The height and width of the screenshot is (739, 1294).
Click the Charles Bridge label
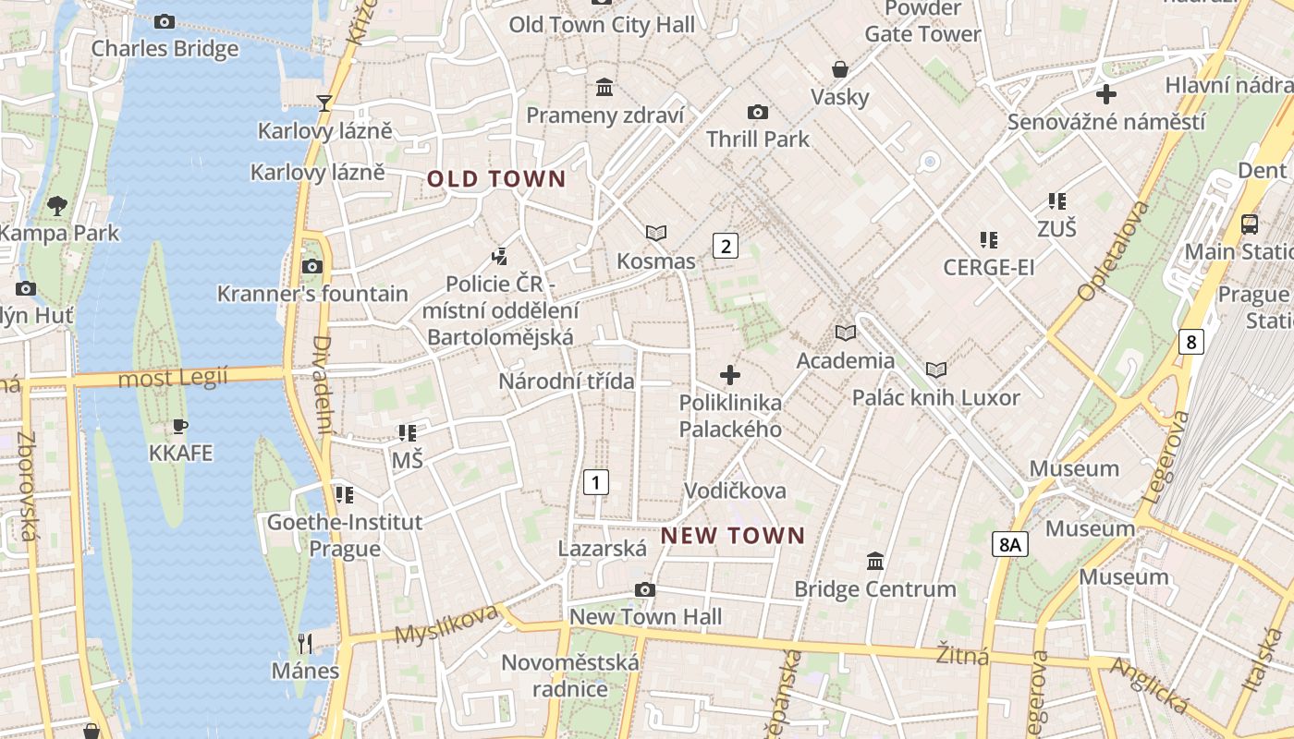pyautogui.click(x=165, y=48)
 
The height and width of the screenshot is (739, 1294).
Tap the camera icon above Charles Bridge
pyautogui.click(x=165, y=21)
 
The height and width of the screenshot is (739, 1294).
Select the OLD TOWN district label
pyautogui.click(x=496, y=179)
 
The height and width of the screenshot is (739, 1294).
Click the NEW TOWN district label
pyautogui.click(x=733, y=536)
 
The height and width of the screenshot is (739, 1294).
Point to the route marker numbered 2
pyautogui.click(x=726, y=246)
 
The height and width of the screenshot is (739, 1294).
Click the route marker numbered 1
pyautogui.click(x=596, y=481)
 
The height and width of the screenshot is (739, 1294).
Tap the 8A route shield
pyautogui.click(x=1010, y=545)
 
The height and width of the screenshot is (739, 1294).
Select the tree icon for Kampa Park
pyautogui.click(x=57, y=205)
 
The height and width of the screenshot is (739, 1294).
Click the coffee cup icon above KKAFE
pyautogui.click(x=180, y=426)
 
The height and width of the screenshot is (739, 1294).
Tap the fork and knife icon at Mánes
pyautogui.click(x=305, y=643)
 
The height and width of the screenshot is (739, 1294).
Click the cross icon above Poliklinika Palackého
pyautogui.click(x=730, y=375)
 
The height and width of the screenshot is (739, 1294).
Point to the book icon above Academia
pyautogui.click(x=845, y=333)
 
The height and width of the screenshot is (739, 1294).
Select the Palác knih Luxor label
pyautogui.click(x=935, y=398)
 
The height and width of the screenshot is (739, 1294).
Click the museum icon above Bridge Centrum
pyautogui.click(x=874, y=561)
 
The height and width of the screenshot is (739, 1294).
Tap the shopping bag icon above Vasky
pyautogui.click(x=840, y=69)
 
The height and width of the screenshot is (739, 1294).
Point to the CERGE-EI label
pyautogui.click(x=988, y=268)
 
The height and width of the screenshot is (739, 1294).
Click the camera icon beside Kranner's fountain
pyautogui.click(x=312, y=267)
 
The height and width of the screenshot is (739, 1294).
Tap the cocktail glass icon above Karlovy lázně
pyautogui.click(x=324, y=103)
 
